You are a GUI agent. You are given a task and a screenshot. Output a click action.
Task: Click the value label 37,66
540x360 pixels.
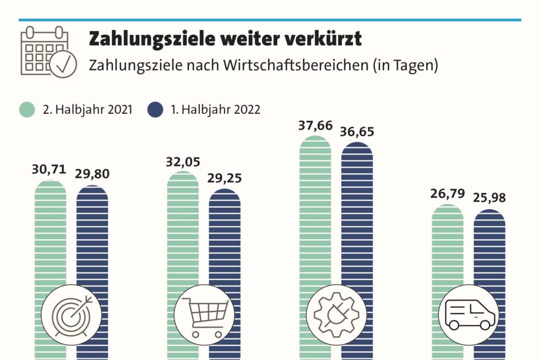[x=315, y=126]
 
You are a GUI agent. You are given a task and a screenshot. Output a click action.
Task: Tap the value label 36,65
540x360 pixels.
[x=357, y=132]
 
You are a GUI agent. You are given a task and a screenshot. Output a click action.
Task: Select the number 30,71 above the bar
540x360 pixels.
[x=49, y=169]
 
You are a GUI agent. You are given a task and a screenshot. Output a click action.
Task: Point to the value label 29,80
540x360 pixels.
[x=92, y=174]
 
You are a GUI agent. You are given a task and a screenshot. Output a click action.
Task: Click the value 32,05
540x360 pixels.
[x=183, y=162]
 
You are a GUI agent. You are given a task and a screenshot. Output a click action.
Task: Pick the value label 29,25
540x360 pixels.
[x=225, y=178]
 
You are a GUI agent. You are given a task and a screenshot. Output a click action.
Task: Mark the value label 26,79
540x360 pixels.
[x=447, y=194]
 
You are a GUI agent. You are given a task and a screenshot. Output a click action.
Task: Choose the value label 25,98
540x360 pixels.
[x=489, y=198]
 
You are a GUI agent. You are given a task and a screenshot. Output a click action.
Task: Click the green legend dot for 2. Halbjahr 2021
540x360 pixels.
[x=27, y=110]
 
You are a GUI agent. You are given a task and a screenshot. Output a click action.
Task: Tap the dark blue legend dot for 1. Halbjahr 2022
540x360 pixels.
[x=155, y=110]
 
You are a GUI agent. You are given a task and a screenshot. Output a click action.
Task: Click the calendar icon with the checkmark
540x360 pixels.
[x=48, y=52]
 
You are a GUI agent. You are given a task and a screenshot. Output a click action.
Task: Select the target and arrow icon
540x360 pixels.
[x=71, y=315]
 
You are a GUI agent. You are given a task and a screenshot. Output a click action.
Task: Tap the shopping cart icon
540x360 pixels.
[x=204, y=315]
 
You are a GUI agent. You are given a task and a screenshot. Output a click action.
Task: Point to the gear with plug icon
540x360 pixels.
[x=336, y=315]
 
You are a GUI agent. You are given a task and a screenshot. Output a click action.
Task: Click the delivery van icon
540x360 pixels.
[x=469, y=315]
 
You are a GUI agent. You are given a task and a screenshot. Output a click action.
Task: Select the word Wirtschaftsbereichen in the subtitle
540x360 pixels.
[x=296, y=65]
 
